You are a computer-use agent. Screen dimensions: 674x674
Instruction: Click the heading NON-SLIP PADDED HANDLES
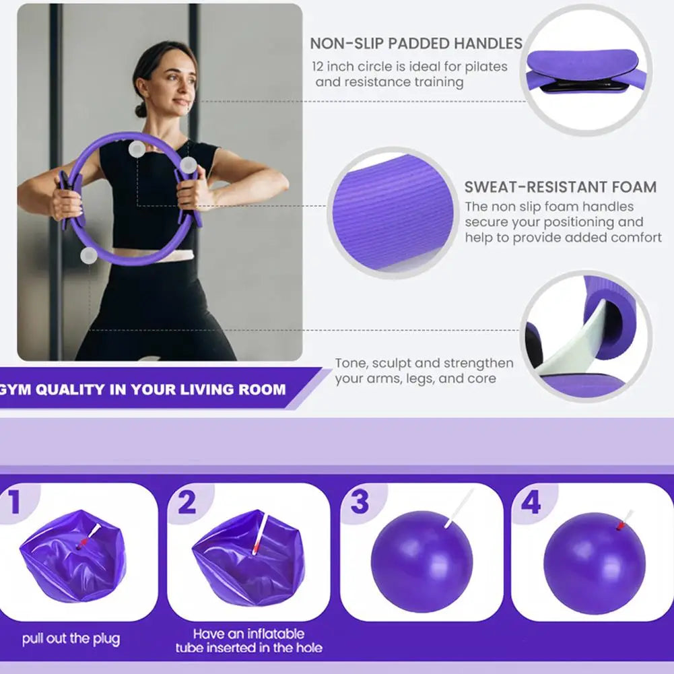point(415,44)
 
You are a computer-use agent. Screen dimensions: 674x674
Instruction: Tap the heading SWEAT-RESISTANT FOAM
point(560,187)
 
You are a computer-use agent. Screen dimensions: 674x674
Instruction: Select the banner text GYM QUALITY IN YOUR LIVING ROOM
point(143,389)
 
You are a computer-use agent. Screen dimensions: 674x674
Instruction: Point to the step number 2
point(187,503)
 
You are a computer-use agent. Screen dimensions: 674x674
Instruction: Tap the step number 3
point(360,503)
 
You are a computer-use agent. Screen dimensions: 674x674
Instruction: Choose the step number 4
point(531,503)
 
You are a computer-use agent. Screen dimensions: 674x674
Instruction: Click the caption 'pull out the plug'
point(71,638)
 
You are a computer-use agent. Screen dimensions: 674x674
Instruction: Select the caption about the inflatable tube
point(249,640)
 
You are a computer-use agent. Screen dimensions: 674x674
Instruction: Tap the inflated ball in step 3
point(422,561)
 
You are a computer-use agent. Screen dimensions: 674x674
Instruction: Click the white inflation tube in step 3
point(459,508)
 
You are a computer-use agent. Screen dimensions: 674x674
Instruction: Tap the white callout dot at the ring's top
point(137,149)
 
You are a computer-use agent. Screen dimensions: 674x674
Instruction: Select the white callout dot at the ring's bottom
point(88,255)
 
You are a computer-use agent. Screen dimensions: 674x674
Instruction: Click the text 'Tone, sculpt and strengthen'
point(424,363)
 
